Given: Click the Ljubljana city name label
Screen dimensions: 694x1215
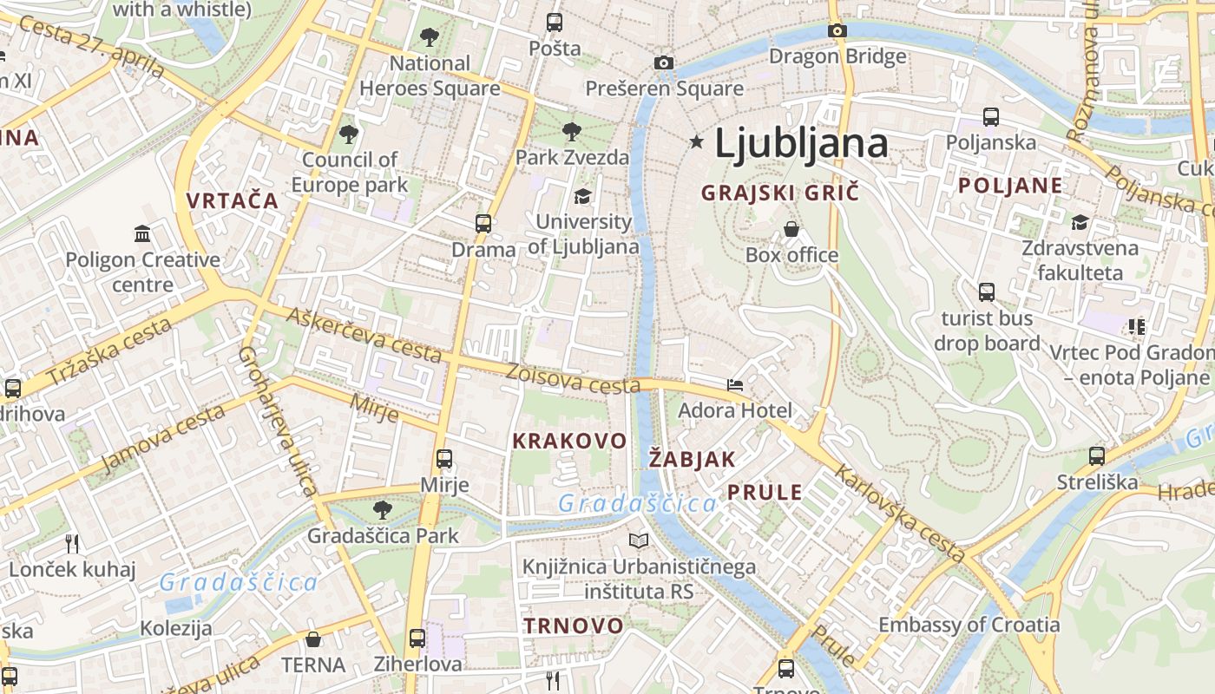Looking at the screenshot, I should [x=800, y=143].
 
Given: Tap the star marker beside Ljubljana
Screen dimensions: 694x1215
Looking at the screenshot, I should [x=696, y=141].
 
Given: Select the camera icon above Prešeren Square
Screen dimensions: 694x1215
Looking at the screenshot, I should [x=664, y=62].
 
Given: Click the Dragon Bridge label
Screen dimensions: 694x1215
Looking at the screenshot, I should [x=837, y=56].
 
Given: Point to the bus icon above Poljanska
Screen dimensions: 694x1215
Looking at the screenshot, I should [x=990, y=116].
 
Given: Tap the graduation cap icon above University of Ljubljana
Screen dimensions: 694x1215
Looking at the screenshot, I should [x=582, y=197].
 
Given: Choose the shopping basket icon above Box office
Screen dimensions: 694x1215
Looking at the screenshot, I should [x=791, y=229].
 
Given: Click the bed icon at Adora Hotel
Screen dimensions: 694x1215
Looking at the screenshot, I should [x=735, y=384].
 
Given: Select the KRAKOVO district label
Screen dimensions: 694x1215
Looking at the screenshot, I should [x=569, y=441].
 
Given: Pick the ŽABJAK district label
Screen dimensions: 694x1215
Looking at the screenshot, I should [x=693, y=459].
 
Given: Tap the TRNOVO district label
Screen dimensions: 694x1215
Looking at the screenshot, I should [x=573, y=625].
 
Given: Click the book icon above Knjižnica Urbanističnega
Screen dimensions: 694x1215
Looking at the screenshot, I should [x=639, y=541].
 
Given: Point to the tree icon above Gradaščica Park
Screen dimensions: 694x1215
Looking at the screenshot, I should [x=382, y=509].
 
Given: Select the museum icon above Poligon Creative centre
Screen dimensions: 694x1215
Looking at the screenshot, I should [x=142, y=233].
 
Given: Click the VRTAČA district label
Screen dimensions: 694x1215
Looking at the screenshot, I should [x=233, y=201].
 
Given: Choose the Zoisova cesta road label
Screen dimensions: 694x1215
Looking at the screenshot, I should [x=573, y=378].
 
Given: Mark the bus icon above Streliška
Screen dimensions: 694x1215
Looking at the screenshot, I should [x=1097, y=455].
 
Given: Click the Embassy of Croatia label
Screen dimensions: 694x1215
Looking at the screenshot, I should [x=969, y=625].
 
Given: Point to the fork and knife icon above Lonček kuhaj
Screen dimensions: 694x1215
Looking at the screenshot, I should [x=72, y=544].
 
